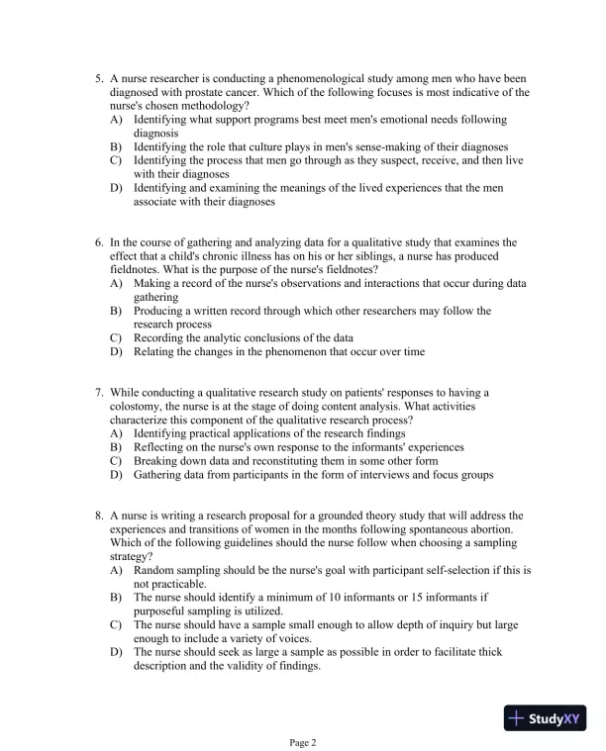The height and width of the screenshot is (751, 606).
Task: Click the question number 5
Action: point(99,78)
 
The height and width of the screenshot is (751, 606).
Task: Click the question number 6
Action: point(99,241)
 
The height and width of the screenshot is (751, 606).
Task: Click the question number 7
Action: point(99,392)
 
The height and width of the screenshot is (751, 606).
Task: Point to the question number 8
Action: point(99,516)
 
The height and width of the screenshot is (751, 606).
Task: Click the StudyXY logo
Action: point(545,717)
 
